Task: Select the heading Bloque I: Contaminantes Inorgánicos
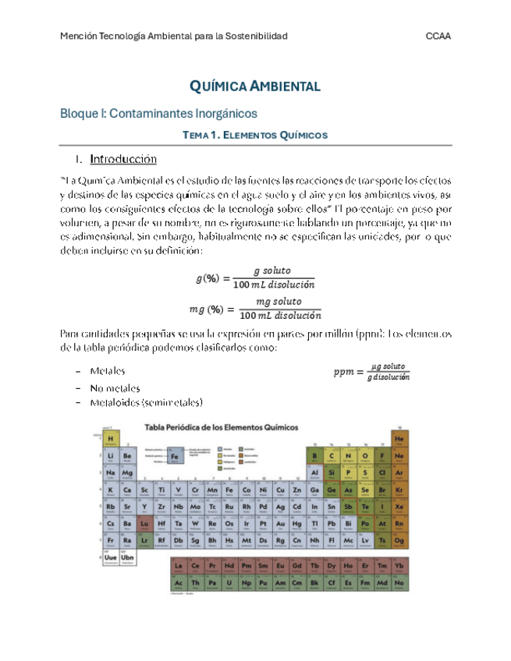(159, 114)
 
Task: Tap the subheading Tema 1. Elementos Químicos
(254, 135)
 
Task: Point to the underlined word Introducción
(123, 160)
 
